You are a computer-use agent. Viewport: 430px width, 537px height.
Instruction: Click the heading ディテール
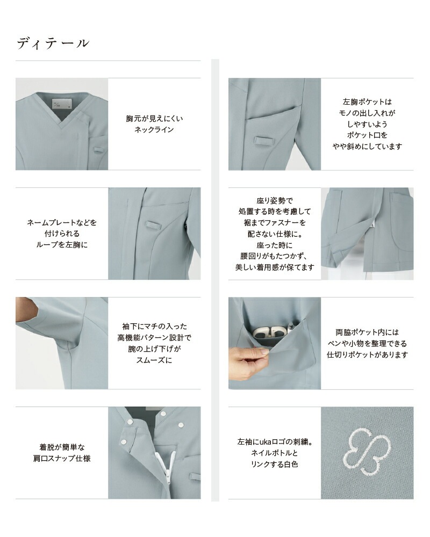[x=52, y=43]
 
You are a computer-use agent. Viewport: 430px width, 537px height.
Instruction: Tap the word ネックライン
[x=154, y=129]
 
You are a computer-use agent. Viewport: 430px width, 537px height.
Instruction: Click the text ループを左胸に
[x=62, y=244]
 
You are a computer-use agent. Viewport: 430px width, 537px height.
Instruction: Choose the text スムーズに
[x=154, y=360]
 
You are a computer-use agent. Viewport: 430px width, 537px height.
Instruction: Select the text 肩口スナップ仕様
[x=62, y=458]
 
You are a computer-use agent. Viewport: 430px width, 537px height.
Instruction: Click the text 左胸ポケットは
[x=367, y=101]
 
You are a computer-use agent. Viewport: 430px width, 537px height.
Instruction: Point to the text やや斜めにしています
[x=367, y=146]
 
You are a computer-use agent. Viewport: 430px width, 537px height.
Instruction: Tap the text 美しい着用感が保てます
[x=274, y=267]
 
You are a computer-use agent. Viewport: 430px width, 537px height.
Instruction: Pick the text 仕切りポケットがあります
[x=367, y=354]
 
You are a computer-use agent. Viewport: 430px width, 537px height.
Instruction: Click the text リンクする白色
[x=274, y=464]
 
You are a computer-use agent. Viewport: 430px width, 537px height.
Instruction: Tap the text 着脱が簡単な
[x=62, y=447]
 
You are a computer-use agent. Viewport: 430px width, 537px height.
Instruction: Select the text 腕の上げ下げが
[x=154, y=349]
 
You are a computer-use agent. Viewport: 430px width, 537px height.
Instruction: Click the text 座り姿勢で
[x=274, y=200]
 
